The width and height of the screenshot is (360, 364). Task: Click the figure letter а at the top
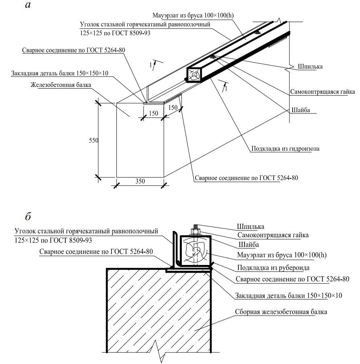click(27, 5)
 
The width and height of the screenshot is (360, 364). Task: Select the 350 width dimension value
click(140, 181)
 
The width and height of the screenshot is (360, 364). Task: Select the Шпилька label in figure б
click(250, 227)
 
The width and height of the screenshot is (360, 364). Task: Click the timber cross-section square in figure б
click(195, 251)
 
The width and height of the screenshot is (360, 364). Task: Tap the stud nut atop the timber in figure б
click(195, 231)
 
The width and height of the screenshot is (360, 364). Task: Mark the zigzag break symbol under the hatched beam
click(159, 353)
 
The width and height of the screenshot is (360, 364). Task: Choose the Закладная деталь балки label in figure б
click(289, 296)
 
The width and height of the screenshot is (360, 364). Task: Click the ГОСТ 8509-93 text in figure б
click(71, 240)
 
